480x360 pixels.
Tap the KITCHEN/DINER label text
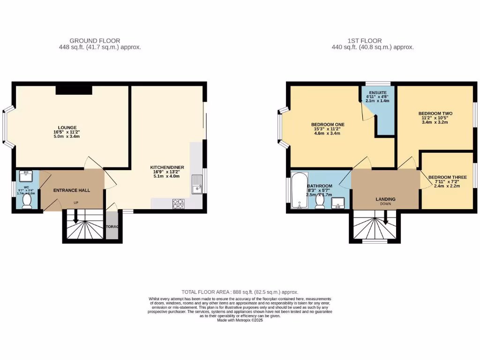(165, 167)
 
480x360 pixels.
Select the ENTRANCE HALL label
(71, 190)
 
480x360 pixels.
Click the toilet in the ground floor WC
(27, 201)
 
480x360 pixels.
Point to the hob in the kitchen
(179, 203)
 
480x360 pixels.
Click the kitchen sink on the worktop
(197, 184)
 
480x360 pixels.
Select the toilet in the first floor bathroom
(320, 201)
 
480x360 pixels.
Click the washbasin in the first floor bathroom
(338, 203)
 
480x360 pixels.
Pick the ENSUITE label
(377, 92)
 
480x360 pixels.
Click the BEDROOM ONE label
(328, 124)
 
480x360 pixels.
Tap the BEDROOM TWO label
(435, 113)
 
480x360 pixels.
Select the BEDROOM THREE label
(447, 177)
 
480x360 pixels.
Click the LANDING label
(385, 199)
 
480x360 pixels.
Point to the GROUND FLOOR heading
(95, 41)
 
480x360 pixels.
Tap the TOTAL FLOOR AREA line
(240, 292)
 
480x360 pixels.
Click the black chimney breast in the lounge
(74, 90)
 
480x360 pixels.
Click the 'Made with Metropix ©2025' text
(240, 320)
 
